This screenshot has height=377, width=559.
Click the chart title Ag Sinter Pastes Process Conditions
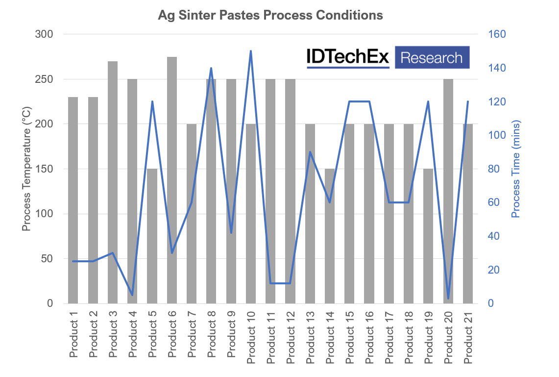270,16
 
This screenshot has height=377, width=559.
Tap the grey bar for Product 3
113,182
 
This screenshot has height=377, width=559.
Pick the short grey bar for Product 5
152,236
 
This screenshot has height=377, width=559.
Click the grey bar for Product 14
330,236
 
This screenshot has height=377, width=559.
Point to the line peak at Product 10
251,51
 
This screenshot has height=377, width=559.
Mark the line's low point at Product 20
448,299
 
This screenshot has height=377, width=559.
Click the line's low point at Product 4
132,295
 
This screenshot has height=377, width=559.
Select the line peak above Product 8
211,68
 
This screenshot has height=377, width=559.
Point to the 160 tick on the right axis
496,34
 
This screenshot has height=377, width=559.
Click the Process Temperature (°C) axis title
27,169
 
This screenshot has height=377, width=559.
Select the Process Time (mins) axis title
515,169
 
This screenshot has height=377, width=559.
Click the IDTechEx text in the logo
347,57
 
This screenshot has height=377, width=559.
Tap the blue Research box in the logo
432,57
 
